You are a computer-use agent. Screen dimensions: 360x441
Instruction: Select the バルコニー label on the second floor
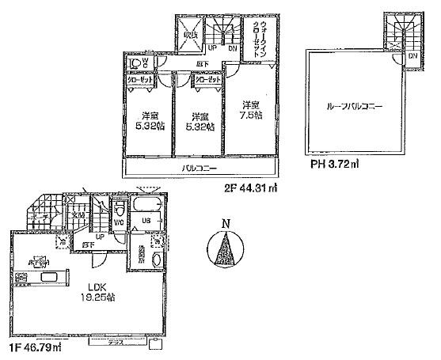(200, 169)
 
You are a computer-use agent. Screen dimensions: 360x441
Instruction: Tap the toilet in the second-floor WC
(134, 65)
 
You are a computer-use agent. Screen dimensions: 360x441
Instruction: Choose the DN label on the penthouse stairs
(413, 57)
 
